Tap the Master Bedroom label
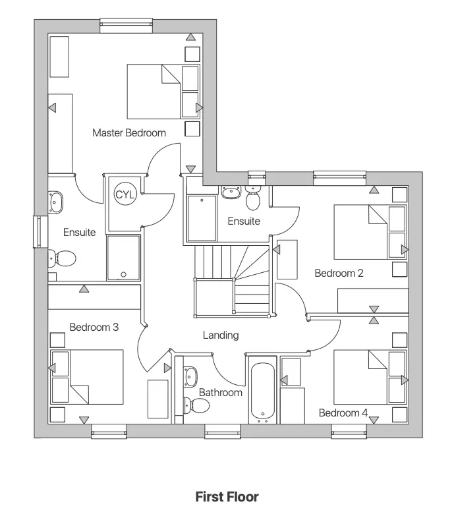coord(129,132)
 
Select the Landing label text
coord(220,335)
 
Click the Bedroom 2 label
coord(339,273)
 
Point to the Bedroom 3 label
coord(94,327)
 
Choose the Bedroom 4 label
coord(343,413)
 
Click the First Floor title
coord(227,497)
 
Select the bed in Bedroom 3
coord(88,377)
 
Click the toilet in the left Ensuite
coord(63,258)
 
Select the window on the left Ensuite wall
coord(37,231)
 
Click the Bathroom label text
coord(221,392)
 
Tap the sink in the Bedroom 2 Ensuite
coord(231,192)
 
